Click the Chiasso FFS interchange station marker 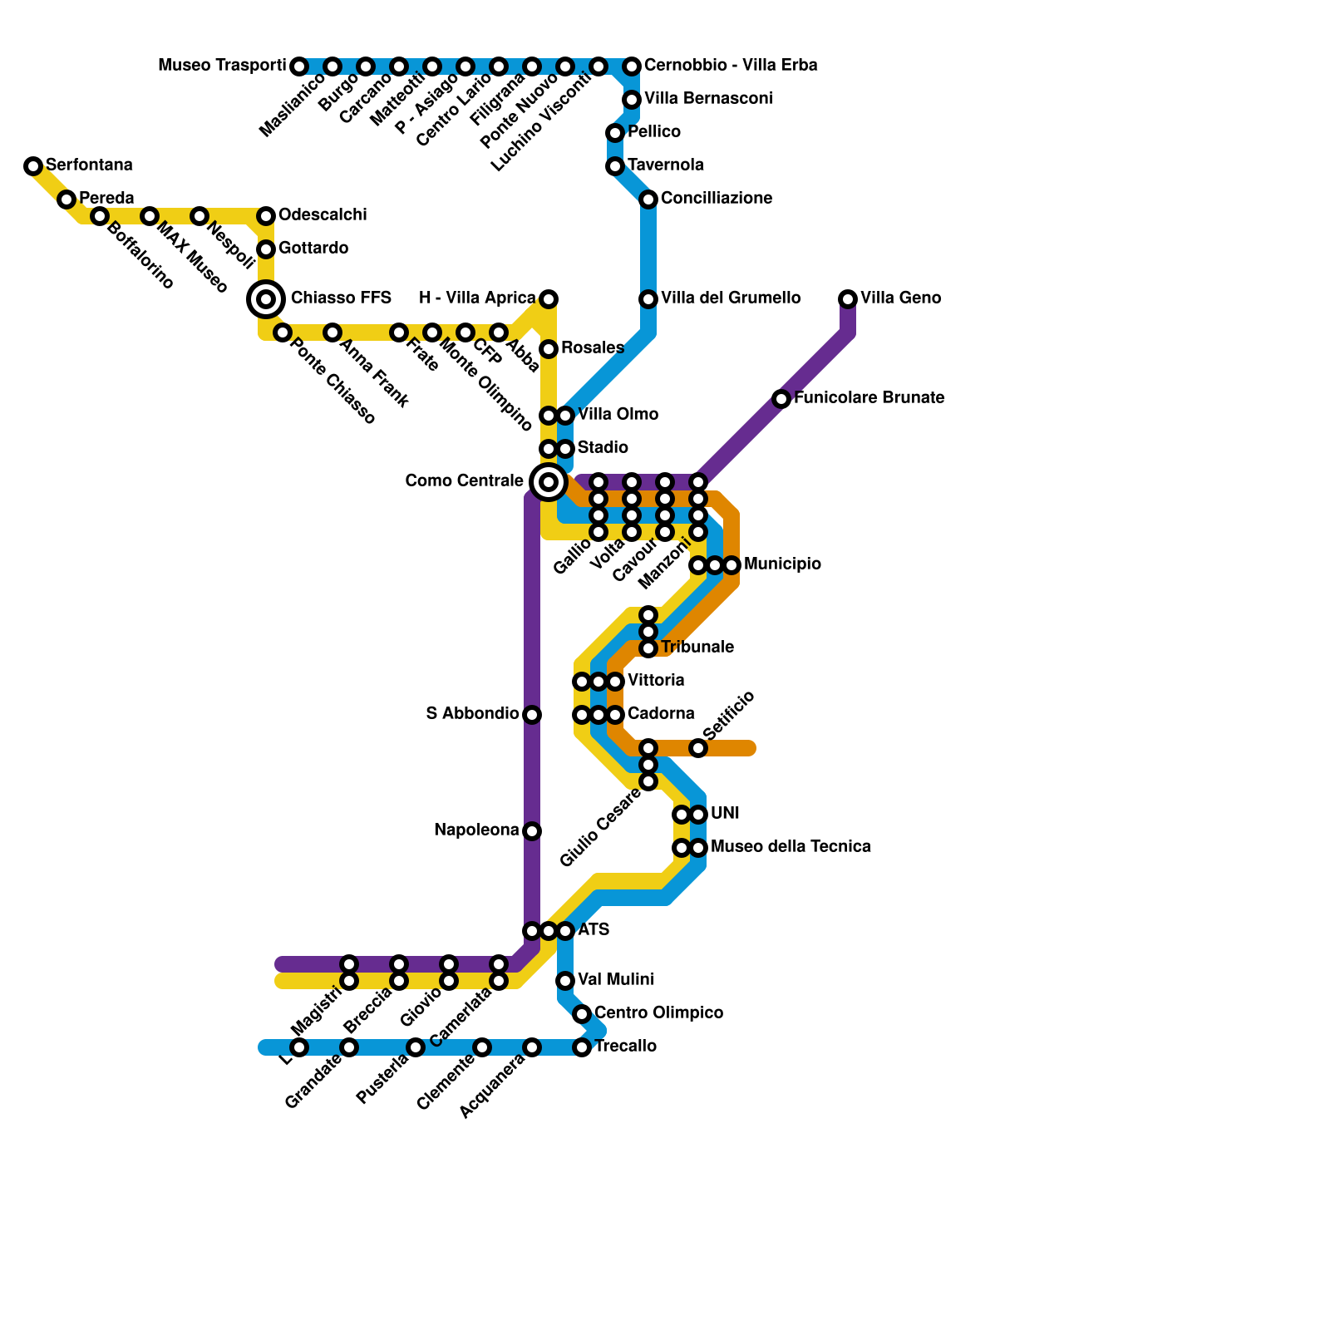tap(266, 299)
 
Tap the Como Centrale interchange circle tap(549, 481)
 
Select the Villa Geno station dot tap(848, 299)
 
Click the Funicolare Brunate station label tap(869, 398)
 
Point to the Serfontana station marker tap(33, 166)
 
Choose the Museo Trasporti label tap(222, 66)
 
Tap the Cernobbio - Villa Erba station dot tap(632, 66)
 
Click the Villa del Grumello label tap(731, 298)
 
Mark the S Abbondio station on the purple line tap(532, 715)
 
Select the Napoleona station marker tap(532, 831)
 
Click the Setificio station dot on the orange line tap(698, 748)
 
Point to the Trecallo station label tap(626, 1047)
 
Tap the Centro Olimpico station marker tap(582, 1014)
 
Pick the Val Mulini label tap(615, 980)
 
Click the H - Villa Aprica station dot tap(549, 299)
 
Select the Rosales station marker tap(549, 349)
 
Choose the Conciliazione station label tap(717, 199)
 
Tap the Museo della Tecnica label tap(791, 847)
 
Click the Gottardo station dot tap(266, 249)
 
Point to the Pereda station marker tap(66, 199)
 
